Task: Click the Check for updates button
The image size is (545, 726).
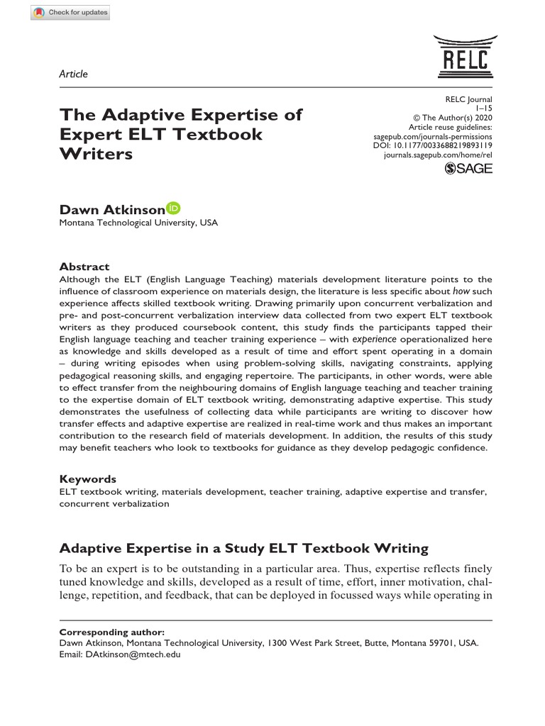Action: click(70, 13)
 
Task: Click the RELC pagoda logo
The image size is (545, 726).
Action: click(461, 55)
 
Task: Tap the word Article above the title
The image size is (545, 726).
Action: click(74, 74)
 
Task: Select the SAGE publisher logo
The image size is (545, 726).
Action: click(468, 169)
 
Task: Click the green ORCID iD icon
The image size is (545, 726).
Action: click(174, 208)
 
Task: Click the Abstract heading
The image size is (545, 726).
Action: click(84, 267)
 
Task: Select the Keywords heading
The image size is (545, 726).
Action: click(88, 479)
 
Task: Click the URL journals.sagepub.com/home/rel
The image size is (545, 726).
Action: click(438, 153)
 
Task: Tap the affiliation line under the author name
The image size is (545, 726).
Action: click(138, 223)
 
